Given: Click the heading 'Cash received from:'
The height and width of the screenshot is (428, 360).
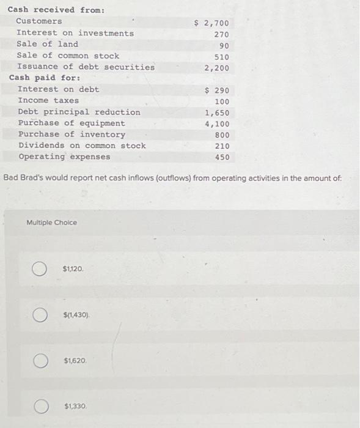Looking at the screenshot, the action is (48, 10).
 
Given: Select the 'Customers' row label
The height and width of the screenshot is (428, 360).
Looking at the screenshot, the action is (39, 21).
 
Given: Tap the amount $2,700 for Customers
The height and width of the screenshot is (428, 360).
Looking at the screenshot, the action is (211, 23).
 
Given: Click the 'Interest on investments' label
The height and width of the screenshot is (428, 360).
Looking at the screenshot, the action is (75, 33).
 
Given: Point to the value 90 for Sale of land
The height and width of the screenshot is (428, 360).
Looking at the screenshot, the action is (224, 46).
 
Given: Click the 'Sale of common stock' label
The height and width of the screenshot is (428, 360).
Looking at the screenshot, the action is (68, 56).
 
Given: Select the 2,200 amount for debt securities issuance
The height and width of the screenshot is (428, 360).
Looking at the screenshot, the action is (217, 68).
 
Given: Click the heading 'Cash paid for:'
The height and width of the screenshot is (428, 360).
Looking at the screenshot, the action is (41, 78).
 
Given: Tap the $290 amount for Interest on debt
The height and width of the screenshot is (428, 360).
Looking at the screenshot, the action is (217, 90).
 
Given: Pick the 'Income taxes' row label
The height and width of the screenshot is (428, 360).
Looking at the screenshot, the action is (48, 100).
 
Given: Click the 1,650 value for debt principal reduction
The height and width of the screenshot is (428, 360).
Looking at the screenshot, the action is (217, 113).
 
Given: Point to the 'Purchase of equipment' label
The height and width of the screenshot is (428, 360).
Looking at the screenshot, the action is (72, 123).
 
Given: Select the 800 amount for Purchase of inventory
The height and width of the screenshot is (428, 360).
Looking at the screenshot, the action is (222, 135).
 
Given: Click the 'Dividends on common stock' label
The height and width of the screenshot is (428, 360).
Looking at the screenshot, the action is (82, 146).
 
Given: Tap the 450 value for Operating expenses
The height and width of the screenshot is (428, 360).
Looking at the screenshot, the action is (222, 157).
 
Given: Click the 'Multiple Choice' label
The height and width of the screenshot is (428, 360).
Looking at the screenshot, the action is (52, 223).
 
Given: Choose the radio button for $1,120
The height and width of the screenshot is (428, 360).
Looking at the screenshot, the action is (40, 269).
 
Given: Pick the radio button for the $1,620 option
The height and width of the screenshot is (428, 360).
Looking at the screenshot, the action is (40, 361).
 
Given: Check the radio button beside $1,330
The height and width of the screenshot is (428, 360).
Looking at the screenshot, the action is (40, 406).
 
